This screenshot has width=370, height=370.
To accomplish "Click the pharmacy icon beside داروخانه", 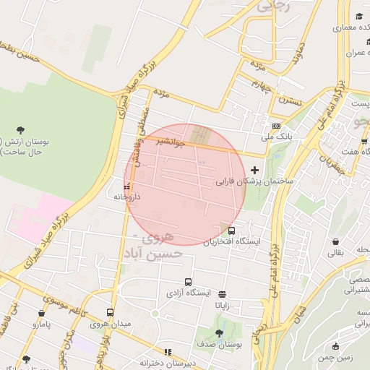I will coord(127,187).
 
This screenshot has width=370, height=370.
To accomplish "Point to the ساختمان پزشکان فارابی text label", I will coord(254,183).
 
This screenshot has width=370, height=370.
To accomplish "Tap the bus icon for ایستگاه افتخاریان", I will coord(231,231).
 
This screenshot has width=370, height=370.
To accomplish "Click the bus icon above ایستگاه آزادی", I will coord(188,283).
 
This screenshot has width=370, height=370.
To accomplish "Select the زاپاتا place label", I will coord(221,305).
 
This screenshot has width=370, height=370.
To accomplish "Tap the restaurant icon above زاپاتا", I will coord(221,294).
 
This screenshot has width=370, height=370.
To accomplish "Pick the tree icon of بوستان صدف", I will coord(219,333).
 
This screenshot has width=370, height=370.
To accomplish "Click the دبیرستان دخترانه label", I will coord(168,363).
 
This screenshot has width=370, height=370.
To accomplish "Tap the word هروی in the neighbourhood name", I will coord(159,238).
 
